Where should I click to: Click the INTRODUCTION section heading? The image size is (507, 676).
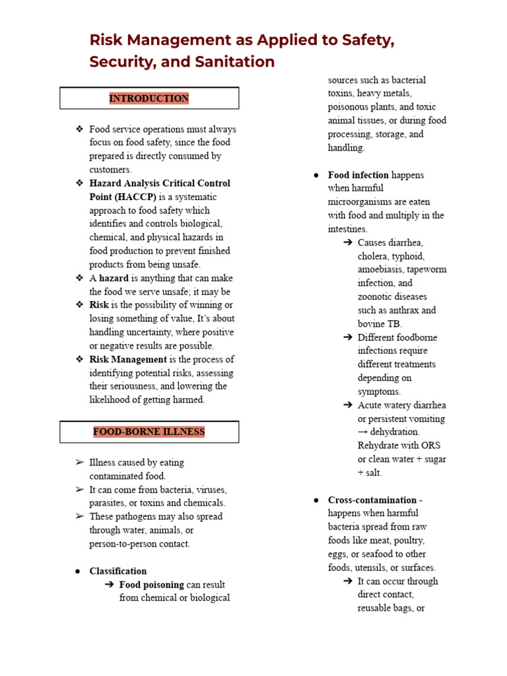[x=149, y=98]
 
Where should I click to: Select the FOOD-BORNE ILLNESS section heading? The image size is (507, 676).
[x=149, y=432]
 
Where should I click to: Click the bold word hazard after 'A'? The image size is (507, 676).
[x=114, y=278]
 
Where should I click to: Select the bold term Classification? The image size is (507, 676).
[x=118, y=571]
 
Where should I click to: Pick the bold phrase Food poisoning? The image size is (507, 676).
[x=151, y=584]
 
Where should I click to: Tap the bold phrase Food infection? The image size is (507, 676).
[x=358, y=175]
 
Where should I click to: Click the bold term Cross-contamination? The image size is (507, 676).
[x=372, y=500]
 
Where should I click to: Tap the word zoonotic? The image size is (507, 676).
[x=379, y=296]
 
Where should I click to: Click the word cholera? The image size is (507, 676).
[x=373, y=256]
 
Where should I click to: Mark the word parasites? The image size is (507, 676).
[x=108, y=503]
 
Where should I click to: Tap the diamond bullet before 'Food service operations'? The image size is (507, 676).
[x=80, y=129]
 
